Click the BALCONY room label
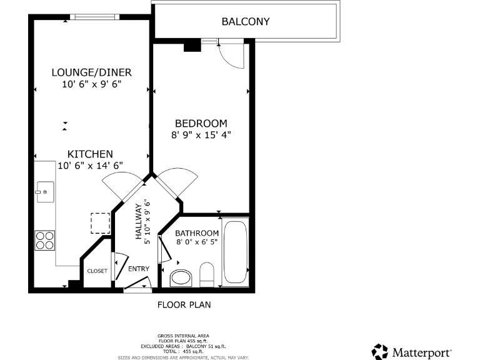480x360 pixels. click(246, 21)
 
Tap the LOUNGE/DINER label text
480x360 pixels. click(91, 72)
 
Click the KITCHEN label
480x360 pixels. click(90, 154)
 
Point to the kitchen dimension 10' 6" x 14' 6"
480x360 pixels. click(90, 166)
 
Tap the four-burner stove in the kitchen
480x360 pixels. click(44, 240)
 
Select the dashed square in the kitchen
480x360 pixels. click(100, 223)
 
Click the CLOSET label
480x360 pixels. click(97, 271)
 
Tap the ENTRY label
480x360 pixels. click(139, 269)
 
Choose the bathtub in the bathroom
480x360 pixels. click(236, 252)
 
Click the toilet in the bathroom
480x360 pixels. click(207, 274)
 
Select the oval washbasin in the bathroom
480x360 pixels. click(181, 278)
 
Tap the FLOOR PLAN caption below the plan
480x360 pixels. click(183, 306)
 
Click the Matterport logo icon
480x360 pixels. click(380, 351)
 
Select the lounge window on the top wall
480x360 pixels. click(93, 17)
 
